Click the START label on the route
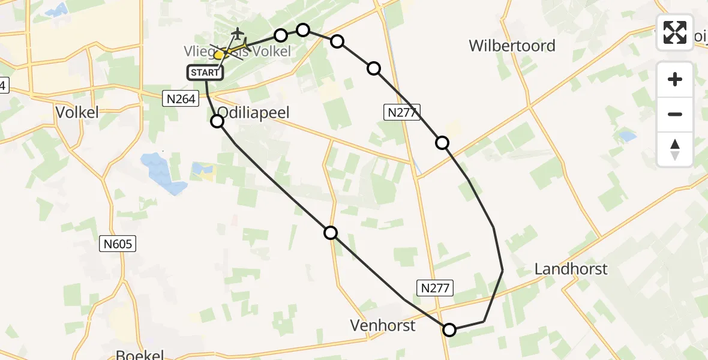pyautogui.click(x=206, y=73)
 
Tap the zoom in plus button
pyautogui.click(x=675, y=79)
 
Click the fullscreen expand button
pyautogui.click(x=675, y=32)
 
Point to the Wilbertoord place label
pyautogui.click(x=512, y=46)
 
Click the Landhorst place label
pyautogui.click(x=571, y=269)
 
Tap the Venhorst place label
pyautogui.click(x=383, y=326)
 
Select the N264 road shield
pyautogui.click(x=180, y=99)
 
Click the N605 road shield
pyautogui.click(x=118, y=244)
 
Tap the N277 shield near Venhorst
pyautogui.click(x=434, y=288)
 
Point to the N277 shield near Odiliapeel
pyautogui.click(x=401, y=112)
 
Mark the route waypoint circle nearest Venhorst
pyautogui.click(x=449, y=329)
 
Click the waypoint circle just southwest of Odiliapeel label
pyautogui.click(x=217, y=121)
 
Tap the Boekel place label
pyautogui.click(x=140, y=355)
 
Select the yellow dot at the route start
pyautogui.click(x=219, y=55)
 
